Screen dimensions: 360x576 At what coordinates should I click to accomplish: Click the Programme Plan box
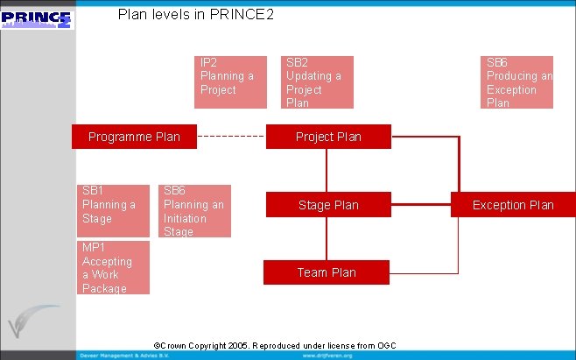tap(135, 137)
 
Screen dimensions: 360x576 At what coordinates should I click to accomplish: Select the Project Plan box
tap(328, 137)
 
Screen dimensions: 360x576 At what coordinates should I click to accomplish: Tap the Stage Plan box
tap(328, 205)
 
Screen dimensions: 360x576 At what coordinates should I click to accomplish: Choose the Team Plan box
tap(327, 272)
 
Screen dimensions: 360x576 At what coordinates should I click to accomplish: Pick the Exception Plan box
tap(513, 205)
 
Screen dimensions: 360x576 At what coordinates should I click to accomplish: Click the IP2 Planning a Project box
tap(229, 81)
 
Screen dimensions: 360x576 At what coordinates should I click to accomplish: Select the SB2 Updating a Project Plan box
tap(320, 81)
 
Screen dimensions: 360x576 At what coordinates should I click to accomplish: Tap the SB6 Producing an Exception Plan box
tap(519, 81)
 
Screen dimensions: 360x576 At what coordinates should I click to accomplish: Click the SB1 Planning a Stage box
tap(113, 210)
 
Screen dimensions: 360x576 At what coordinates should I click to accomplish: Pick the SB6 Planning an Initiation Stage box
tap(196, 210)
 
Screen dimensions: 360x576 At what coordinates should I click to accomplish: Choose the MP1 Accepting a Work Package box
tap(113, 267)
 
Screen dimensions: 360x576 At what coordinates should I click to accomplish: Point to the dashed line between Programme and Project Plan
tap(231, 137)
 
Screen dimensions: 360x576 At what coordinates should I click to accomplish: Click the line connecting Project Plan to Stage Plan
tap(327, 171)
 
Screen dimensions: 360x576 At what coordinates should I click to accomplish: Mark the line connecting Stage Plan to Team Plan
tap(327, 238)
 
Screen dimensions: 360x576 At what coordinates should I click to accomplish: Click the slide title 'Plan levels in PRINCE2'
tap(196, 15)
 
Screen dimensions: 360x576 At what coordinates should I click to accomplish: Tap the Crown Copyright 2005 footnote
tap(275, 346)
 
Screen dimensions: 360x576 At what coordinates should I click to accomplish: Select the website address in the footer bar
tap(327, 356)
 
